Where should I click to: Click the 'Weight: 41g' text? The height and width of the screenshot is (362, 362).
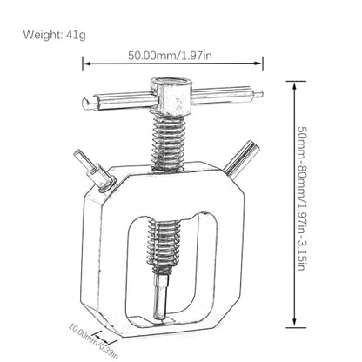[54, 35]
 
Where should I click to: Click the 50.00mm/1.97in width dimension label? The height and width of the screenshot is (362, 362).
[170, 55]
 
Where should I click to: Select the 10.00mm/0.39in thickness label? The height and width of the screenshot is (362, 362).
[93, 341]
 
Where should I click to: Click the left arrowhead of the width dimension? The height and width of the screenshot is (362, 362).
[86, 64]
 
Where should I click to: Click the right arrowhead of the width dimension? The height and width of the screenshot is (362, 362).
[258, 64]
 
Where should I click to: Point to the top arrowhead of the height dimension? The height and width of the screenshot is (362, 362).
[294, 86]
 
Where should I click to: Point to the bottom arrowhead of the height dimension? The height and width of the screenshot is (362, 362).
[294, 323]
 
